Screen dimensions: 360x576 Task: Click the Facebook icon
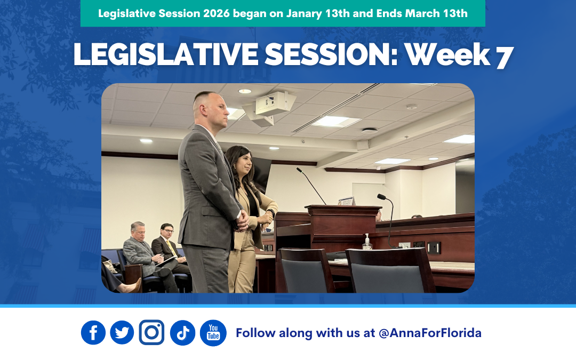point(93,333)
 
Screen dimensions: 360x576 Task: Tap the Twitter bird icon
point(122,333)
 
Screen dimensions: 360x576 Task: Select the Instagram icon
point(151,333)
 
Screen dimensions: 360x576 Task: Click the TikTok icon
point(182,333)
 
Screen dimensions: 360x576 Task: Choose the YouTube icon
point(213,333)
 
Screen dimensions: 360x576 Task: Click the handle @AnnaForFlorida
point(430,333)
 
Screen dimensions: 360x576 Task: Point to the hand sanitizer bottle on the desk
point(367,243)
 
